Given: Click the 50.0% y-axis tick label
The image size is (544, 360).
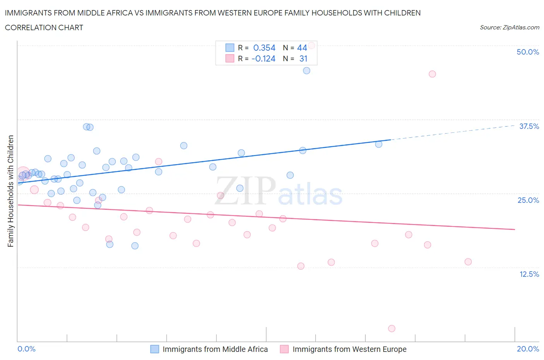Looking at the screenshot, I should [x=528, y=52].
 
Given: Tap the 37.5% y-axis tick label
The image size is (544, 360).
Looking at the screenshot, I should [x=529, y=126].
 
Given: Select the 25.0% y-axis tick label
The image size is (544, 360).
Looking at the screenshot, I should [x=528, y=200].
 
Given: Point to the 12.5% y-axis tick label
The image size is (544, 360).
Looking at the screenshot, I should [x=529, y=274].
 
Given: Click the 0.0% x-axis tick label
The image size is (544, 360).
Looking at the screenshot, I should [x=26, y=349].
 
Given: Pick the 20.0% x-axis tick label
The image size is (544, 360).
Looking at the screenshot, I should [x=528, y=349].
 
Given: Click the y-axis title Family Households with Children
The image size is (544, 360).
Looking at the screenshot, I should [x=10, y=191].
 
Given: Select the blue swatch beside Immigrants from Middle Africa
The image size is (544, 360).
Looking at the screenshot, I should [x=154, y=349].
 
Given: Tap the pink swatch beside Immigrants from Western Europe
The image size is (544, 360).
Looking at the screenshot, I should [x=284, y=349].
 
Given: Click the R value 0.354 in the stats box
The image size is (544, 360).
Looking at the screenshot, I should [x=264, y=48].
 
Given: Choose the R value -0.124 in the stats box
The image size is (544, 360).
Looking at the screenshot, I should [x=263, y=58].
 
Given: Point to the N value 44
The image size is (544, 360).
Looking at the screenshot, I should [x=302, y=48].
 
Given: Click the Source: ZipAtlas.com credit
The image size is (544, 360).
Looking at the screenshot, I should [x=509, y=27].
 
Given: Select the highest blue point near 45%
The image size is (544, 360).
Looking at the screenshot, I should [x=306, y=70].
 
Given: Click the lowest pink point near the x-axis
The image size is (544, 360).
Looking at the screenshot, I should [x=392, y=329].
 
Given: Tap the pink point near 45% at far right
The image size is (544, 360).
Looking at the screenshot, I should [x=432, y=74].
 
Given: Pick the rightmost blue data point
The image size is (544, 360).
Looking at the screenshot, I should [x=379, y=144].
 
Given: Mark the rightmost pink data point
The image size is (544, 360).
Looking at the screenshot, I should [x=468, y=262].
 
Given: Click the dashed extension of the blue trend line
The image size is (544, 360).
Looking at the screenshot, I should [x=453, y=132].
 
